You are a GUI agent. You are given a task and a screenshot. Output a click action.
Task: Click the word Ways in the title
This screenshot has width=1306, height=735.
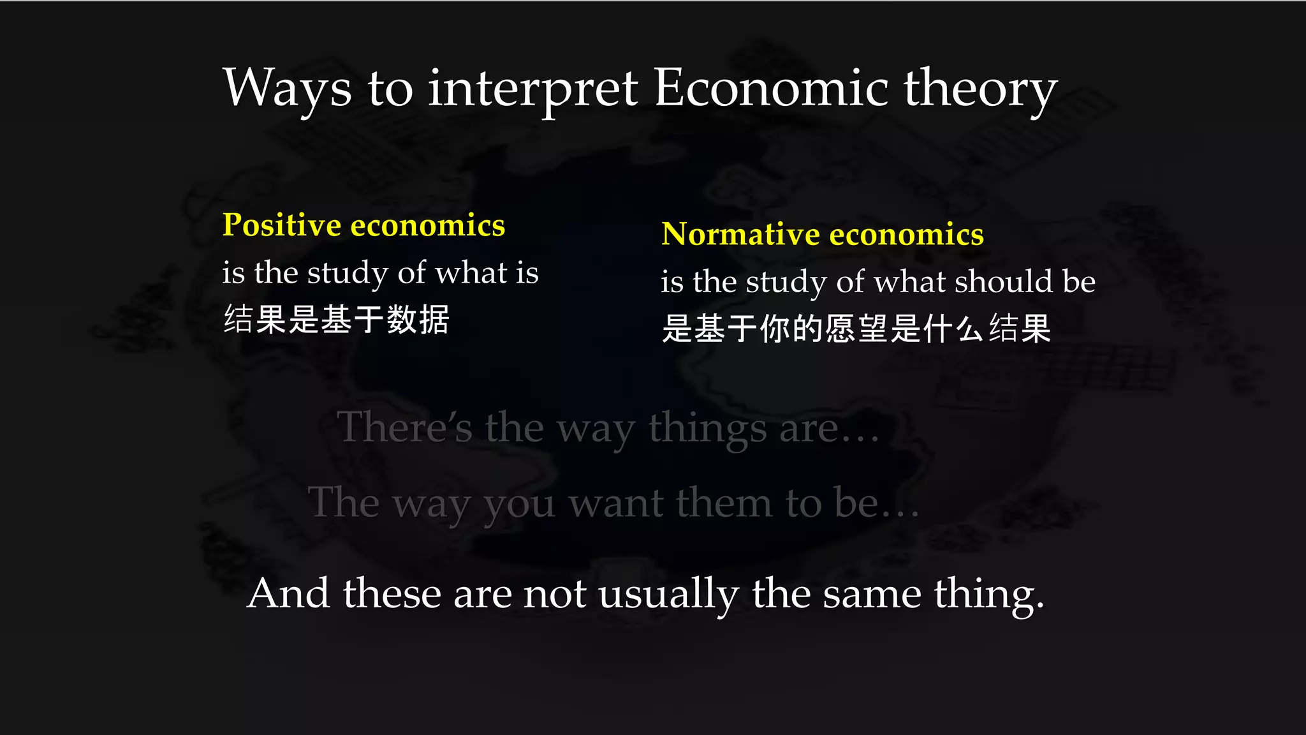click(x=287, y=88)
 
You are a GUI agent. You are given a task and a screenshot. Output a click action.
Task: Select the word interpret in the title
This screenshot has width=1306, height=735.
click(x=532, y=89)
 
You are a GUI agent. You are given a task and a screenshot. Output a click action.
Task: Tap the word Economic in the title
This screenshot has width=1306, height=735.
click(x=771, y=88)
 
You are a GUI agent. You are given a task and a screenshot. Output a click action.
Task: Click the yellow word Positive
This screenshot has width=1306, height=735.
click(x=282, y=225)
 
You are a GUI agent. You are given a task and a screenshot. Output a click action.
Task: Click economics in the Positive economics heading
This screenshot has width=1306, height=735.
click(x=428, y=225)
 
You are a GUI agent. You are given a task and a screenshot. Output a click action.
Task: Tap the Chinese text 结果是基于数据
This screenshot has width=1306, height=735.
click(x=336, y=320)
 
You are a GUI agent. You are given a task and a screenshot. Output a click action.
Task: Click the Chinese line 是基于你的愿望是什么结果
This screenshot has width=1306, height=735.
click(x=856, y=329)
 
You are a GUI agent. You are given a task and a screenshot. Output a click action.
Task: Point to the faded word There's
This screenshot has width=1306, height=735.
click(x=404, y=427)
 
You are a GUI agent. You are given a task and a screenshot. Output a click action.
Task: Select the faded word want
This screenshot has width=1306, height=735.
click(x=616, y=503)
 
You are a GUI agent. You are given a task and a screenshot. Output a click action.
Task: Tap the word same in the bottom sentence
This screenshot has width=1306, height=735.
click(x=872, y=593)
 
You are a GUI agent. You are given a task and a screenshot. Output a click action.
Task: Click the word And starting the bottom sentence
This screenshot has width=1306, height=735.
click(x=288, y=593)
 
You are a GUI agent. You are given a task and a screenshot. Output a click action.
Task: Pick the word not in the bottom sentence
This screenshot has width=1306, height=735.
click(x=554, y=593)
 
